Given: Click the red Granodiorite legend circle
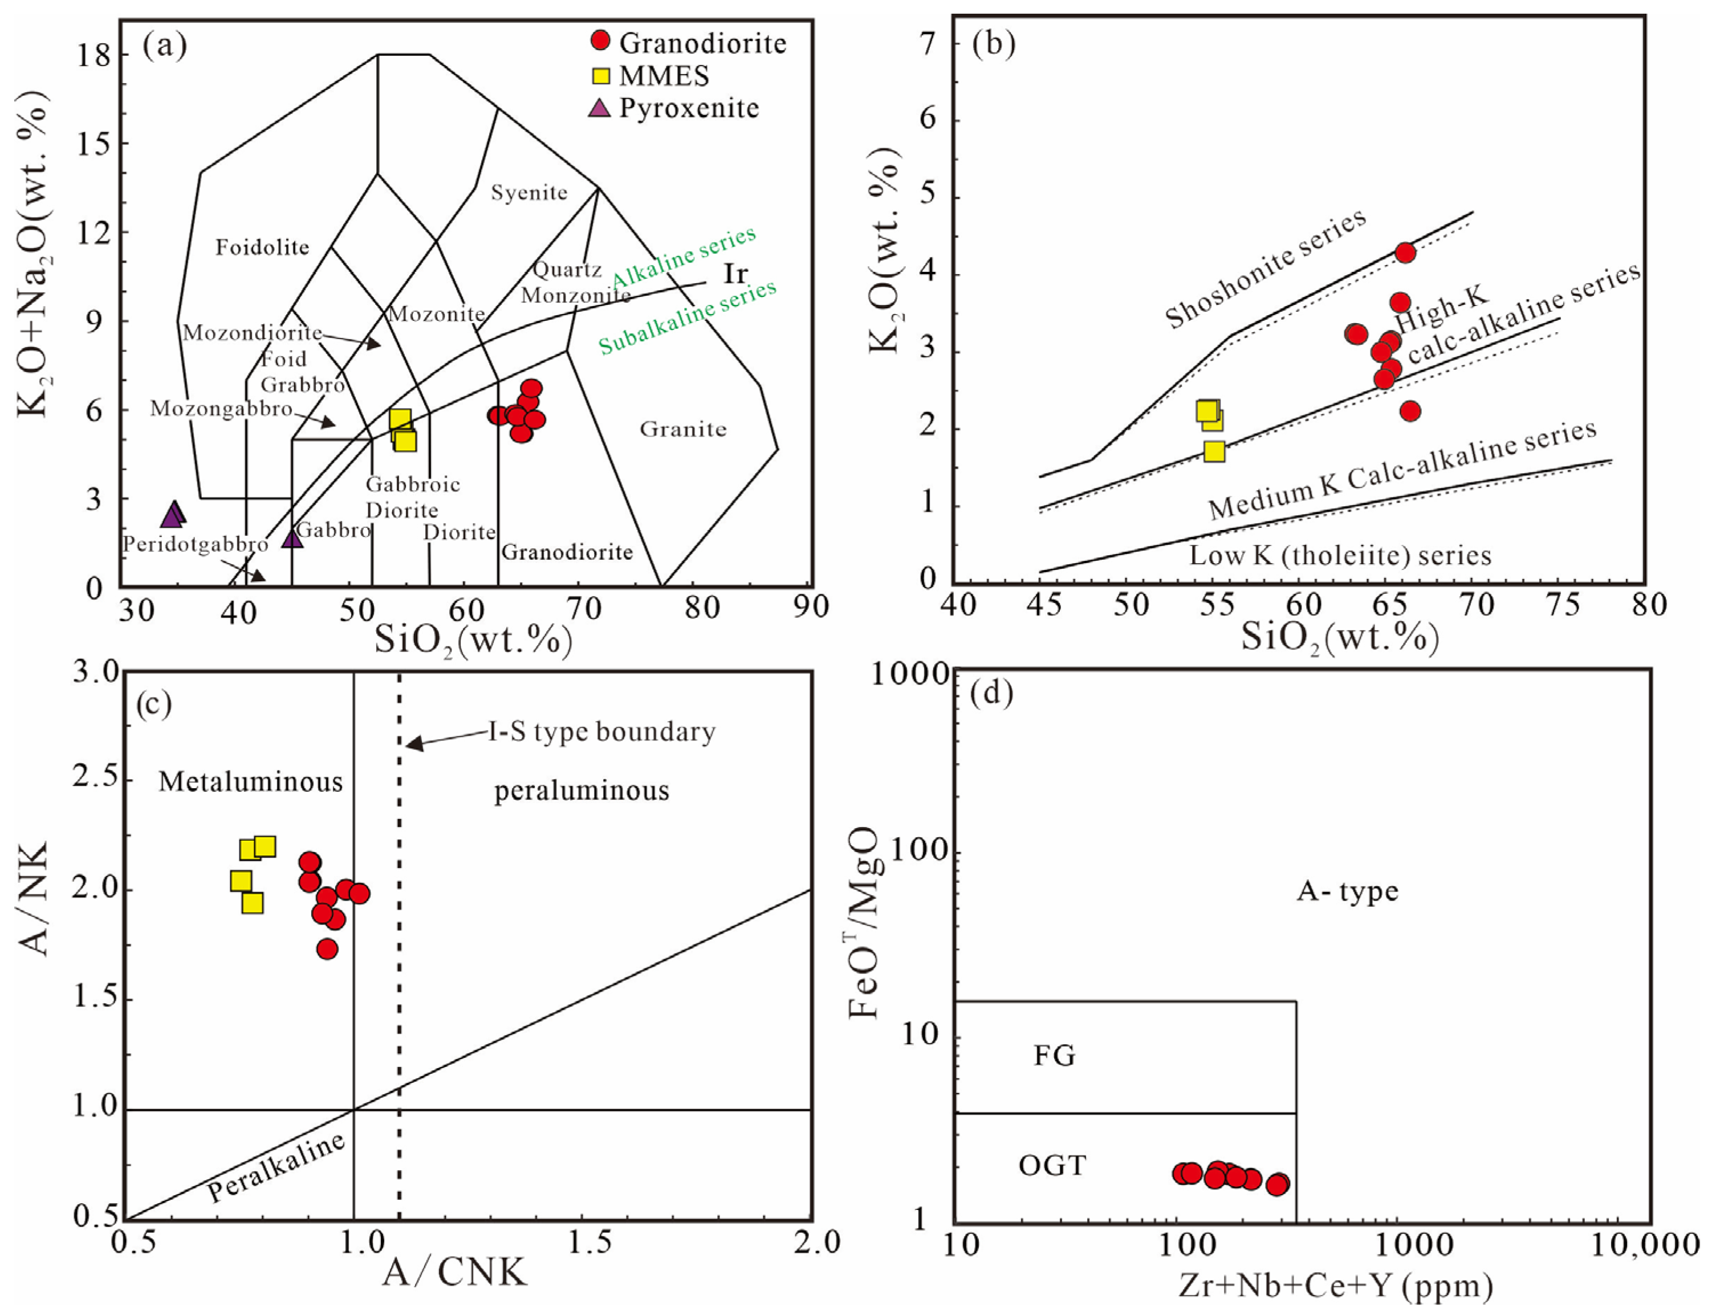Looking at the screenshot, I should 599,40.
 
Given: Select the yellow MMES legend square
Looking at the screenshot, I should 600,76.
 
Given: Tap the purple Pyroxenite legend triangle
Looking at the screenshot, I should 599,108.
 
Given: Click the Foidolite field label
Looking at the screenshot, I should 262,247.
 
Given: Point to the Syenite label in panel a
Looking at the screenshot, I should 528,192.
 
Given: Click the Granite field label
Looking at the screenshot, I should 682,429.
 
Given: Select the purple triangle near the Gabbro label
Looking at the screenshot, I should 292,537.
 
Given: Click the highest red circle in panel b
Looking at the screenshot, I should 1405,252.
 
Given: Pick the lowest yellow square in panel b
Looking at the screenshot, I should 1214,451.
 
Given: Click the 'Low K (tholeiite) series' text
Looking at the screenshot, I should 1340,555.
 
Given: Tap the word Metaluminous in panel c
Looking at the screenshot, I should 251,782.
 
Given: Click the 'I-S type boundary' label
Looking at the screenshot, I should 602,732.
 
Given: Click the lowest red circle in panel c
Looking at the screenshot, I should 327,949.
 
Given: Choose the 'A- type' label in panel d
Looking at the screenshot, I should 1347,891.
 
